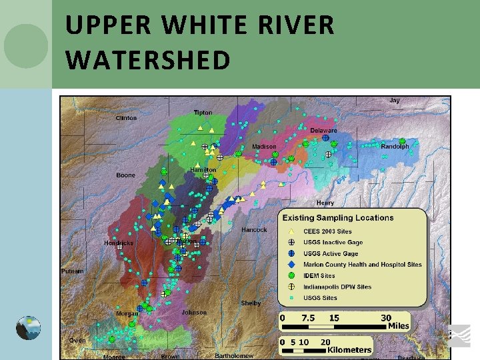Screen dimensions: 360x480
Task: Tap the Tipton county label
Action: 203,113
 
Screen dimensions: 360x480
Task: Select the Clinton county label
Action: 126,118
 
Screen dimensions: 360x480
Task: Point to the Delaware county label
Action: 323,131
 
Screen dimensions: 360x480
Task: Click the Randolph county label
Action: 395,147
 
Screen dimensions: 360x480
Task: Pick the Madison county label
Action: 264,147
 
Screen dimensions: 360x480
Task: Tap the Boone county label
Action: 125,175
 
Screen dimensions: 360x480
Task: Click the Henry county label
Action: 325,203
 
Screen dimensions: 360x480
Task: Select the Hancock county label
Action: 254,230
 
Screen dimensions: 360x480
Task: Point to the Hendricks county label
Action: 119,243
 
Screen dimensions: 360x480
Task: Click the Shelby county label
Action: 251,303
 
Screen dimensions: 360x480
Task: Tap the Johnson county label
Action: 194,312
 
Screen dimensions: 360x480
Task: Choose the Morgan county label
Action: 127,313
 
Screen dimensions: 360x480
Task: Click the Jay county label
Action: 395,101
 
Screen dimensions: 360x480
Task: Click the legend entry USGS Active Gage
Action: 331,253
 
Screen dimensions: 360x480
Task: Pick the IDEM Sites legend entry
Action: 319,275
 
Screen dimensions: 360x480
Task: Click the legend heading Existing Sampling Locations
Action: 338,218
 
